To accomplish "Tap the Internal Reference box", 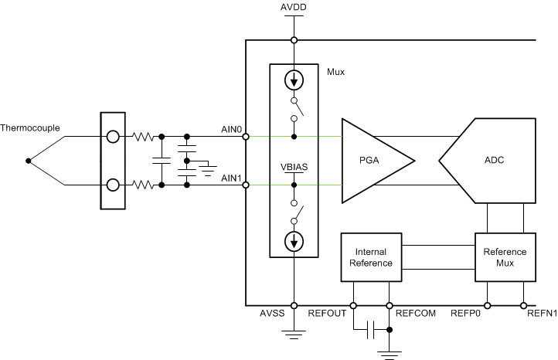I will [371, 257].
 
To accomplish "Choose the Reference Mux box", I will [505, 257].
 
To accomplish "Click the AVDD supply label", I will [293, 8].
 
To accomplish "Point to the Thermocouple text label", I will [30, 127].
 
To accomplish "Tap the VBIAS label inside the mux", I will [294, 165].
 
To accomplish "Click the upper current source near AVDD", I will [294, 80].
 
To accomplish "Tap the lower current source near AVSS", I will [294, 242].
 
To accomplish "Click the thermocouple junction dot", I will [29, 161].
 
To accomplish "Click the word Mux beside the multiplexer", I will [336, 72].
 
